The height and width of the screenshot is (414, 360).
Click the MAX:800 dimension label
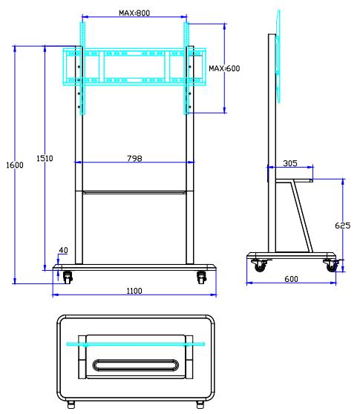point(134,13)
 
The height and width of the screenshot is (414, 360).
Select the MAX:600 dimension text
point(224,68)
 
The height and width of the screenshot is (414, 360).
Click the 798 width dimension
point(134,158)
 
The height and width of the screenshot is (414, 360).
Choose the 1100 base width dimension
point(134,291)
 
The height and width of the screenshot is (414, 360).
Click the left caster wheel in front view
point(68,277)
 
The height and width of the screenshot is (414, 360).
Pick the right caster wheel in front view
point(201,277)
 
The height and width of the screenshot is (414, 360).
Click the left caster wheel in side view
point(259,266)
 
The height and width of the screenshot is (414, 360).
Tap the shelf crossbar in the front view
point(134,193)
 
